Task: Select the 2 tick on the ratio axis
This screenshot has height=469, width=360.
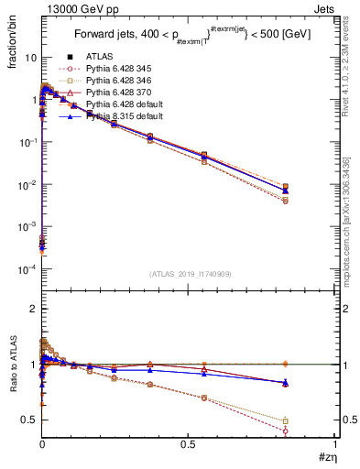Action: pos(34,309)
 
